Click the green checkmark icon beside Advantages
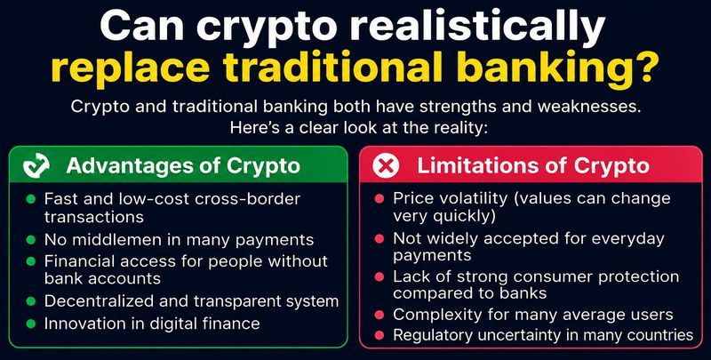36,165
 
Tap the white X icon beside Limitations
386,165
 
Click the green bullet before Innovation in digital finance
31,324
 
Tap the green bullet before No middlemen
31,239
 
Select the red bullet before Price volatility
380,198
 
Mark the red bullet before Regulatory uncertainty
380,335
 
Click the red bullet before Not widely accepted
380,238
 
